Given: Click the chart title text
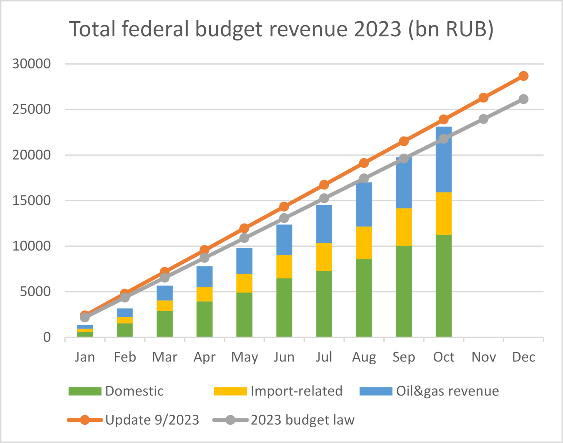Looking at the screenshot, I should [281, 29].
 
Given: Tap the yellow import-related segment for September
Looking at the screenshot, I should [404, 227].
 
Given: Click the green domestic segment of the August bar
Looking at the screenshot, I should [364, 298].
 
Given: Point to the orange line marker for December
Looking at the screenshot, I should [523, 76].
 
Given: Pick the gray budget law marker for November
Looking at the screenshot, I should [483, 119].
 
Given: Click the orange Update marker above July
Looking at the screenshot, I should [324, 185].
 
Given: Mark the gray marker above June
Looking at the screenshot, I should [284, 218].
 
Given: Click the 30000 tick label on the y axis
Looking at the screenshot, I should [32, 64].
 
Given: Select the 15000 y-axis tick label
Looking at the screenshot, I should [32, 200].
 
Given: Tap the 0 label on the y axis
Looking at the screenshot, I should [47, 337].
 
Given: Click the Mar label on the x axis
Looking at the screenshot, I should [165, 357].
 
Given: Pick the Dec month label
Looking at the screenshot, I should [523, 357].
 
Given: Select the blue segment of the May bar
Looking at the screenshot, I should [244, 261].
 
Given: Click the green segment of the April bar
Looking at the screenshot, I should [205, 319].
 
